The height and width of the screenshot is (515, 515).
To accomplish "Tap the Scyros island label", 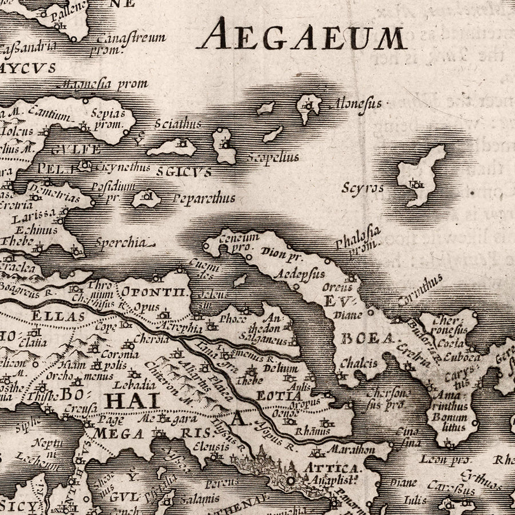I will click(x=363, y=188).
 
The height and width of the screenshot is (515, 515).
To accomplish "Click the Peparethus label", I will click(x=203, y=199).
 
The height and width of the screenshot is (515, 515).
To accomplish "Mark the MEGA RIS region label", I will click(x=145, y=433).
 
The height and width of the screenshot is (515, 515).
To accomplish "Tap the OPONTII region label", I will click(x=153, y=292).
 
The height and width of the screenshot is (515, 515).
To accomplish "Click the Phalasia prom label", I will click(x=359, y=237).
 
